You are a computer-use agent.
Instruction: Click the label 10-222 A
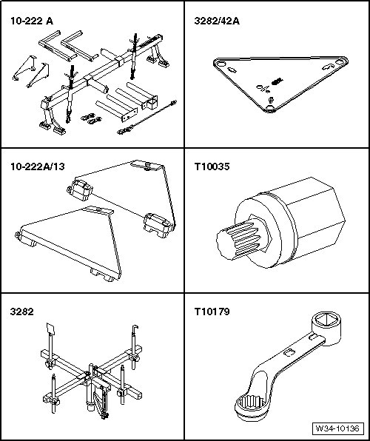(x=32, y=21)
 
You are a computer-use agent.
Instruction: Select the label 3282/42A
(x=217, y=21)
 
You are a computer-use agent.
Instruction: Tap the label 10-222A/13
(x=38, y=166)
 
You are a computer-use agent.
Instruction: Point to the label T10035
(x=212, y=166)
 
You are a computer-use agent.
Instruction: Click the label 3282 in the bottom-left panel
(x=21, y=312)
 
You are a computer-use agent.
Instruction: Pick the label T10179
(x=212, y=312)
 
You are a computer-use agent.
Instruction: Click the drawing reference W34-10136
(x=337, y=428)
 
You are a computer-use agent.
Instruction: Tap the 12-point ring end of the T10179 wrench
(x=252, y=406)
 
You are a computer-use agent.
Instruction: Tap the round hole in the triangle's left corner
(x=221, y=64)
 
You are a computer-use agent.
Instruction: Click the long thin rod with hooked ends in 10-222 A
(x=147, y=117)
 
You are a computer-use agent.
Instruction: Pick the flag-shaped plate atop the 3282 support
(x=50, y=329)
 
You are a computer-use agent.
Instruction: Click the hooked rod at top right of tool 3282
(x=134, y=346)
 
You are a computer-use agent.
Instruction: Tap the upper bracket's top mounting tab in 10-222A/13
(x=146, y=165)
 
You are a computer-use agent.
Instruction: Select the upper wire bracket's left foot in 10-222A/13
(x=80, y=190)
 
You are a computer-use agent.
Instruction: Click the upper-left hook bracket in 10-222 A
(x=24, y=67)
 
